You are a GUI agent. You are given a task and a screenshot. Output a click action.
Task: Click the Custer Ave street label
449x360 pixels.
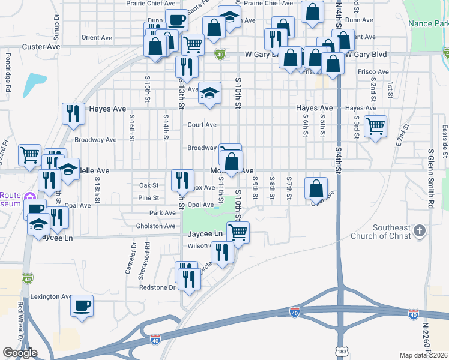point(41,46)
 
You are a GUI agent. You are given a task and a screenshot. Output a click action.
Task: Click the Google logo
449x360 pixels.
point(20,353)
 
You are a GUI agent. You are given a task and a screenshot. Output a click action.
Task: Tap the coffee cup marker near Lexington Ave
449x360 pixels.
point(82,306)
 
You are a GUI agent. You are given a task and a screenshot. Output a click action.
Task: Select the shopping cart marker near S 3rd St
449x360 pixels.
point(375,127)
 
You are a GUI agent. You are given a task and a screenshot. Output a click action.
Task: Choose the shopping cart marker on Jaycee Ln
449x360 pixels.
point(238,232)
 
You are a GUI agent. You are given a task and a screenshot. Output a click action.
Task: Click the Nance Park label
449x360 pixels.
point(428,23)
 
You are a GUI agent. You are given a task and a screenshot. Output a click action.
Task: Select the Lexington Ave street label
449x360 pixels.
point(50,296)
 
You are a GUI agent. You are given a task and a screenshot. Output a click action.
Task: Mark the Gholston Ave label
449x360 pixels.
point(156,226)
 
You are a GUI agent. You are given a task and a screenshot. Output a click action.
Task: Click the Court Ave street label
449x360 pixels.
point(202,125)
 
